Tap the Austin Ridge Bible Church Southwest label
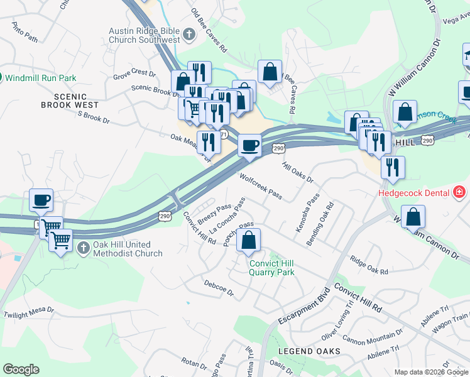point(145,35)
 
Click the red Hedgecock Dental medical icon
point(460,192)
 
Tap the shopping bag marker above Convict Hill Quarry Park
point(249,239)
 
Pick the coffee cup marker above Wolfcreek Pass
point(249,146)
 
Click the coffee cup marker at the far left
point(41,200)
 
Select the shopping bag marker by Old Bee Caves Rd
point(270,72)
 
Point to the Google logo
point(21,369)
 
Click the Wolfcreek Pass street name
point(260,187)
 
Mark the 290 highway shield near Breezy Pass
point(165,216)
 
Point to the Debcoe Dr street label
point(219,288)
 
